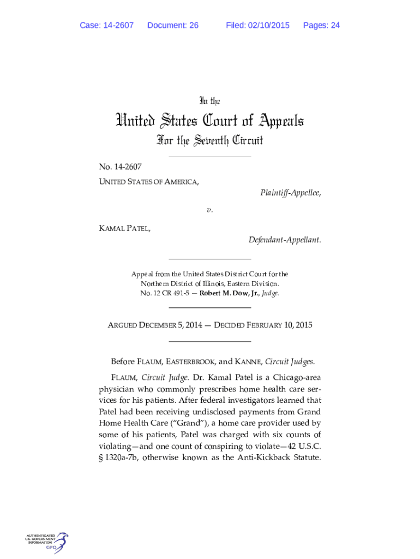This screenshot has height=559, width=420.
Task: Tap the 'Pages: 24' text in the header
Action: pyautogui.click(x=321, y=25)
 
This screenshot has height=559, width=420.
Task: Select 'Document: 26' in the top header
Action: pyautogui.click(x=173, y=25)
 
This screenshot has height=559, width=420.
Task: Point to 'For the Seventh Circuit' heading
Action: pyautogui.click(x=209, y=141)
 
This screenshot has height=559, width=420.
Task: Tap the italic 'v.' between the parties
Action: pyautogui.click(x=209, y=210)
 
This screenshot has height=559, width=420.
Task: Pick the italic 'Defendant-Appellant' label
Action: pyautogui.click(x=284, y=240)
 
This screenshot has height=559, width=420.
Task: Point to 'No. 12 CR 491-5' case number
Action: pyautogui.click(x=166, y=293)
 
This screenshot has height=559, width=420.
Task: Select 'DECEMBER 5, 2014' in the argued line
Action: pyautogui.click(x=170, y=325)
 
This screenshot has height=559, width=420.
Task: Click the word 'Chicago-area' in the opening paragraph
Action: pyautogui.click(x=295, y=377)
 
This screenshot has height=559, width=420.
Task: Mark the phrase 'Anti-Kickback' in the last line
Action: pyautogui.click(x=263, y=457)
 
